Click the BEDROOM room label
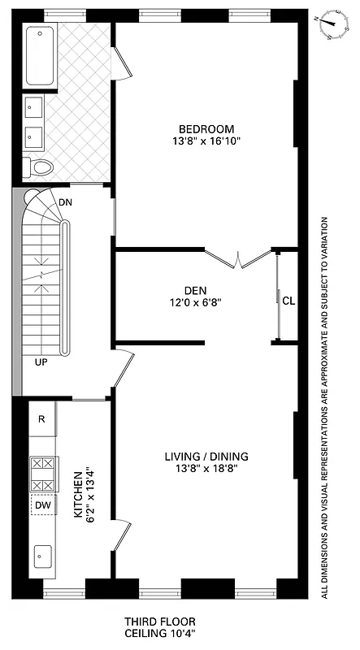206,128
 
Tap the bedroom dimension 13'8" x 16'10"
206,141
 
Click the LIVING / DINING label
206,455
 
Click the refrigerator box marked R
41,419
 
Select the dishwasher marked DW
41,505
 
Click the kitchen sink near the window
41,556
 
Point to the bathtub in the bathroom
40,57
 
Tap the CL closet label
288,299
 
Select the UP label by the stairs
41,362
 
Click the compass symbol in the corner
332,25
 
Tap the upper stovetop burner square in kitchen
41,465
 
